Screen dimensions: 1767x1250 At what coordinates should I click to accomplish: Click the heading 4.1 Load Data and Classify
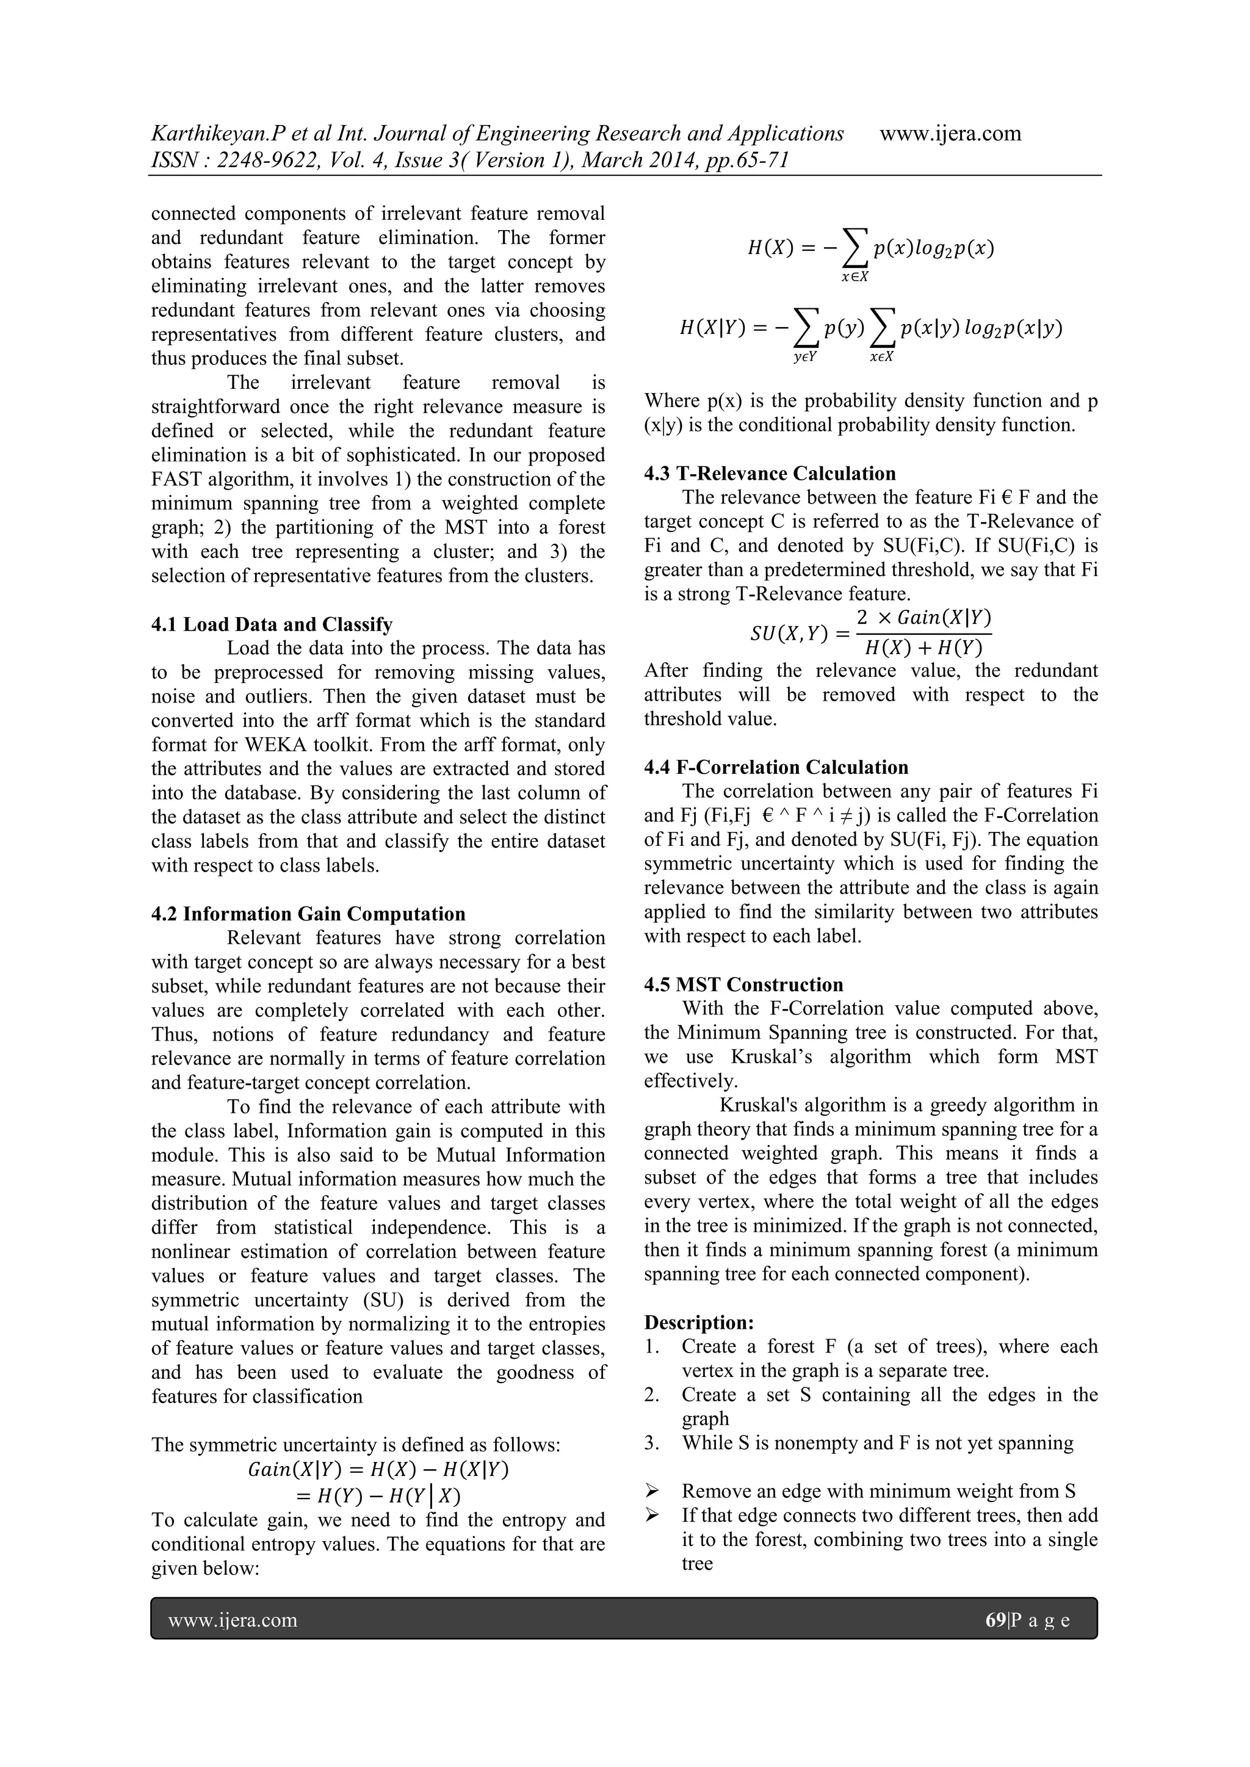click(272, 624)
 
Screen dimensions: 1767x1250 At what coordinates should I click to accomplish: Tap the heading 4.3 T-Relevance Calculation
click(770, 473)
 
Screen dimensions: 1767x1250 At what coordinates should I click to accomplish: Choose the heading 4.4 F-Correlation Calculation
click(776, 767)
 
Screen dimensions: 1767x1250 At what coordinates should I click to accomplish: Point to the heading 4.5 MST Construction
click(743, 985)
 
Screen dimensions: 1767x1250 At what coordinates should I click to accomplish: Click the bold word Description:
click(699, 1322)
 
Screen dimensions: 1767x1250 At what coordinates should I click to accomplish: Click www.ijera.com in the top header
click(950, 133)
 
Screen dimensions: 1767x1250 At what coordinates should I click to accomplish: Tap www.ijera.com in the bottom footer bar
click(233, 1620)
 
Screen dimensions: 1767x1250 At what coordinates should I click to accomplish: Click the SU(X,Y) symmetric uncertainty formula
click(870, 632)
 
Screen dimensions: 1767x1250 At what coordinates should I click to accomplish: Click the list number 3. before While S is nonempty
click(652, 1443)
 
